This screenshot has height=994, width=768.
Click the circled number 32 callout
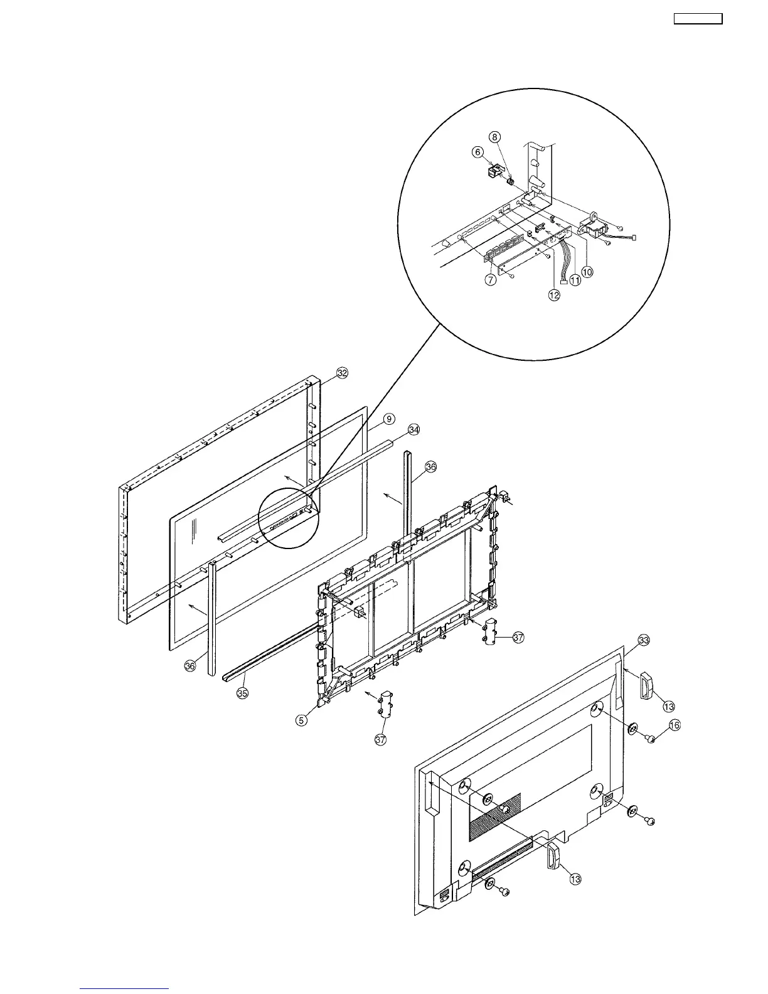pos(342,373)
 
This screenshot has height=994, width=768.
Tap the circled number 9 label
pos(389,419)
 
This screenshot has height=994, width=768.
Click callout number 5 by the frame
pos(302,720)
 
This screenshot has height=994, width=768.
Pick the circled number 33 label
pos(643,641)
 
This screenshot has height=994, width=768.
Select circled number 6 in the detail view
pos(478,152)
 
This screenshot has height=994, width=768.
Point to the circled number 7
pos(491,280)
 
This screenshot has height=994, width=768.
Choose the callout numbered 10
pos(587,272)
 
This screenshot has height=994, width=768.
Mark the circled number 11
pos(574,281)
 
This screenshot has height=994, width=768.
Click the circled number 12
pos(555,296)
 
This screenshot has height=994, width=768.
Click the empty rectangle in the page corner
pos(698,19)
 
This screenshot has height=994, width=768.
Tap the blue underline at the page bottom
pos(124,989)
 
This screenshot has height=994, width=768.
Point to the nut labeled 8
pos(510,181)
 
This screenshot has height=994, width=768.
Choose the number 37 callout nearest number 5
pos(380,740)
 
